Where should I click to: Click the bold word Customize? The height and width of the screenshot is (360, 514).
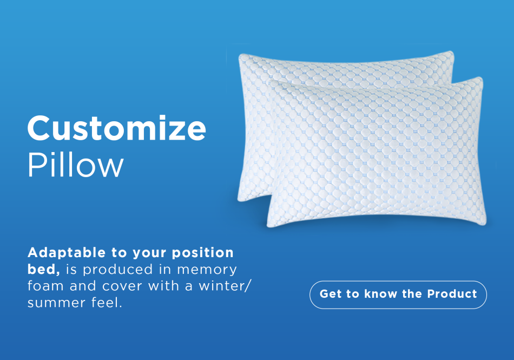(117, 128)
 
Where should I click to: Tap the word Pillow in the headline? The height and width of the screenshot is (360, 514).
(75, 165)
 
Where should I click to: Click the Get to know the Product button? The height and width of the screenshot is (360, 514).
(398, 294)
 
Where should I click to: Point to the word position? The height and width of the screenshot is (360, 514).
(202, 253)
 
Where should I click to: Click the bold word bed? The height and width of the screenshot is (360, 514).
(43, 269)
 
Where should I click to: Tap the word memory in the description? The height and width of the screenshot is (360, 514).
(207, 270)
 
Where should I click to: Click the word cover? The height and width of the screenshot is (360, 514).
(122, 286)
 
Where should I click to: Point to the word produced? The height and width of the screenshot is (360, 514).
(118, 270)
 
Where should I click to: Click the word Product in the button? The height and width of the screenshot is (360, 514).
(452, 294)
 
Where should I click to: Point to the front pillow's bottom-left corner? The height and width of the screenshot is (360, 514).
(268, 226)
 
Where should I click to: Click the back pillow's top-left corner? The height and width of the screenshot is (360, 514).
(239, 55)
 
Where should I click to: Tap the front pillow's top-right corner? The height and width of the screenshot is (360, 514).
(481, 78)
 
